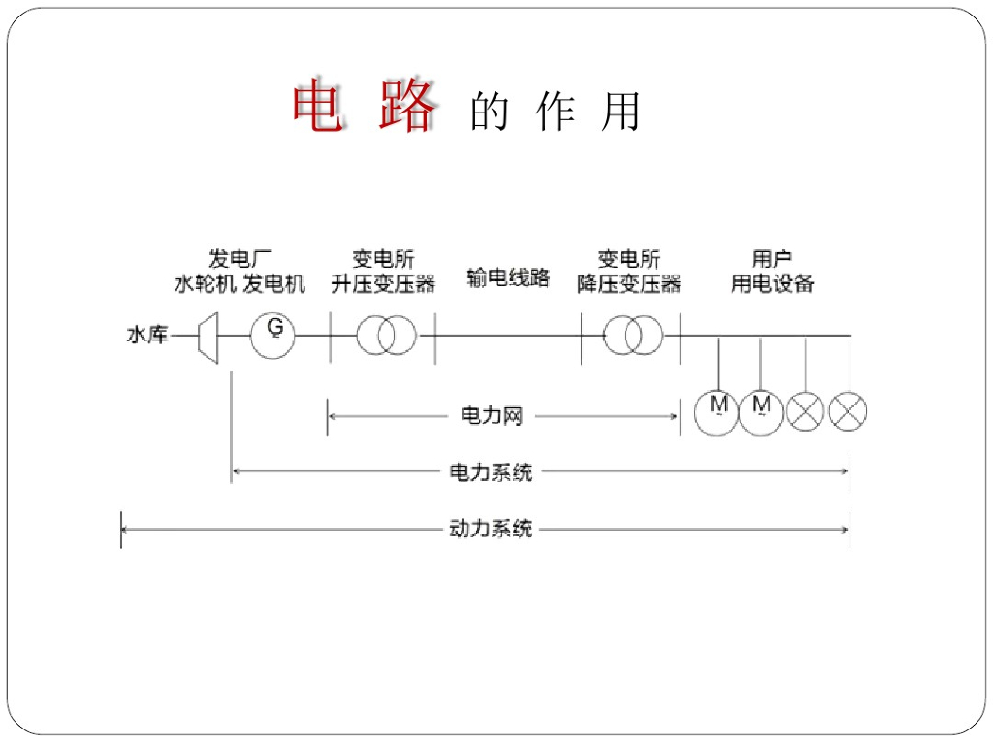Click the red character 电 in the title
click(x=318, y=107)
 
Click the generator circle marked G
click(x=272, y=336)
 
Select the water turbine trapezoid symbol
click(x=208, y=337)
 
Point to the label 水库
click(x=147, y=336)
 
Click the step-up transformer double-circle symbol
click(x=386, y=336)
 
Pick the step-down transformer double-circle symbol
click(x=633, y=336)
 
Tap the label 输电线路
click(x=508, y=277)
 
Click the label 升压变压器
click(x=384, y=283)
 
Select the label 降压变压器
click(x=629, y=283)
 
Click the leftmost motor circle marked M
click(x=718, y=412)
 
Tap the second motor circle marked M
click(x=761, y=412)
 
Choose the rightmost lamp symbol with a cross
click(x=849, y=412)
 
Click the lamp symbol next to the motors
click(x=805, y=412)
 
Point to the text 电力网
click(x=491, y=416)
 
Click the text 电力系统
click(x=491, y=472)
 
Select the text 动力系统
click(x=491, y=530)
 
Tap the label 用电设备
click(x=773, y=283)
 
